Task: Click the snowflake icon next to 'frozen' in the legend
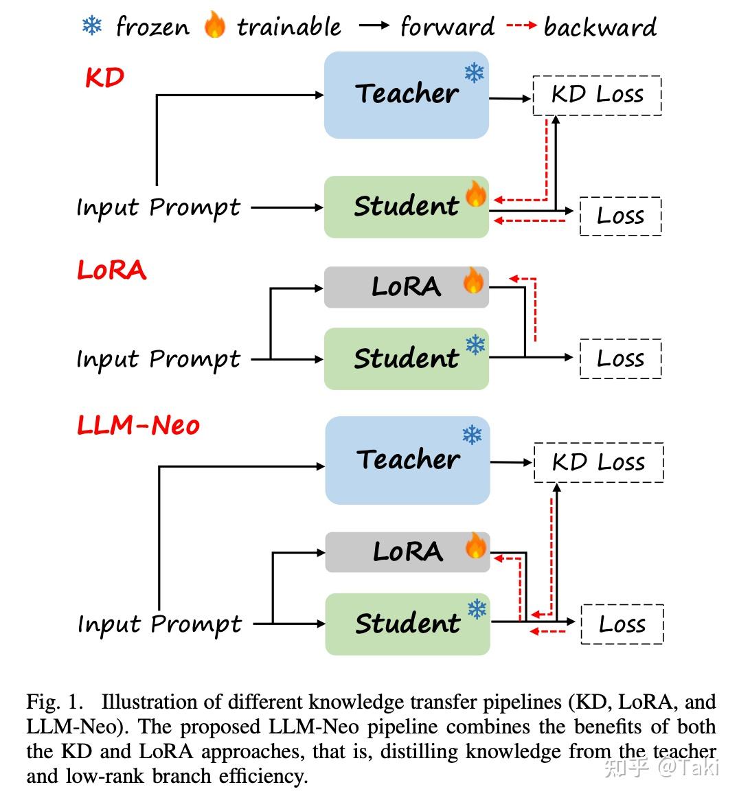(x=92, y=26)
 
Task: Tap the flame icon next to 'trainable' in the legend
(x=214, y=25)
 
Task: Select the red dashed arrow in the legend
(x=521, y=26)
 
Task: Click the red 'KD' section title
(x=104, y=78)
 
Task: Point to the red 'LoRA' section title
(x=111, y=270)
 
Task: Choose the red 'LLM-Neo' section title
(x=138, y=425)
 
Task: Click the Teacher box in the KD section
(x=406, y=95)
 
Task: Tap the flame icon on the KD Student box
(x=475, y=194)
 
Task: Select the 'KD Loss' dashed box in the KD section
(x=597, y=95)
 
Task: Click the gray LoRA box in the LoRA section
(x=406, y=287)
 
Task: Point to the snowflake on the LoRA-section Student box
(x=475, y=345)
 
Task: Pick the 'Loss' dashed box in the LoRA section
(x=620, y=358)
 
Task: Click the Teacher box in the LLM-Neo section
(x=407, y=460)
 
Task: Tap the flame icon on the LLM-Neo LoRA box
(x=475, y=547)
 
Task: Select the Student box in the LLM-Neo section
(x=407, y=624)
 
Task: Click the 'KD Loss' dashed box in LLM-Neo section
(x=598, y=462)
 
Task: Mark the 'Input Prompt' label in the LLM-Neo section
(x=159, y=624)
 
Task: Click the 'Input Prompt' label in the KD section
(x=158, y=207)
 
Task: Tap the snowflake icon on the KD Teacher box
(x=474, y=73)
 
